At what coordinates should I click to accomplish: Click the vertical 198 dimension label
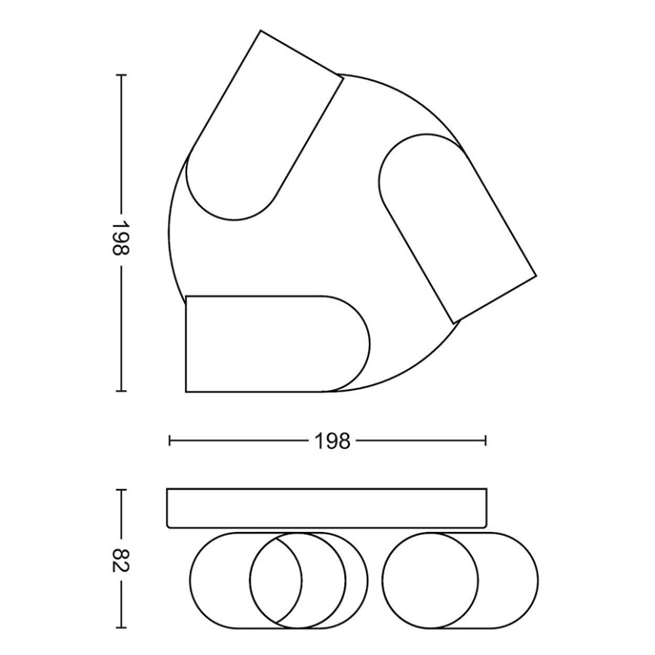[121, 238]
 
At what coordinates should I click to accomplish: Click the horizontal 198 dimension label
[333, 441]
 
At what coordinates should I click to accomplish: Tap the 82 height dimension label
[121, 560]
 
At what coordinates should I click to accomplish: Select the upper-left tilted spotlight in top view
[264, 125]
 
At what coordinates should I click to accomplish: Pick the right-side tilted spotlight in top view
[457, 228]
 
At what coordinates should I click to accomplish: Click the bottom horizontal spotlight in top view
[278, 344]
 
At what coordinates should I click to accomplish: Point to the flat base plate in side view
[327, 508]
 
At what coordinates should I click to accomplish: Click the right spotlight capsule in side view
[460, 580]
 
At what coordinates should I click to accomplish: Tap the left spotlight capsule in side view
[278, 580]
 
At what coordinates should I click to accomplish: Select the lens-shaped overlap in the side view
[289, 580]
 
